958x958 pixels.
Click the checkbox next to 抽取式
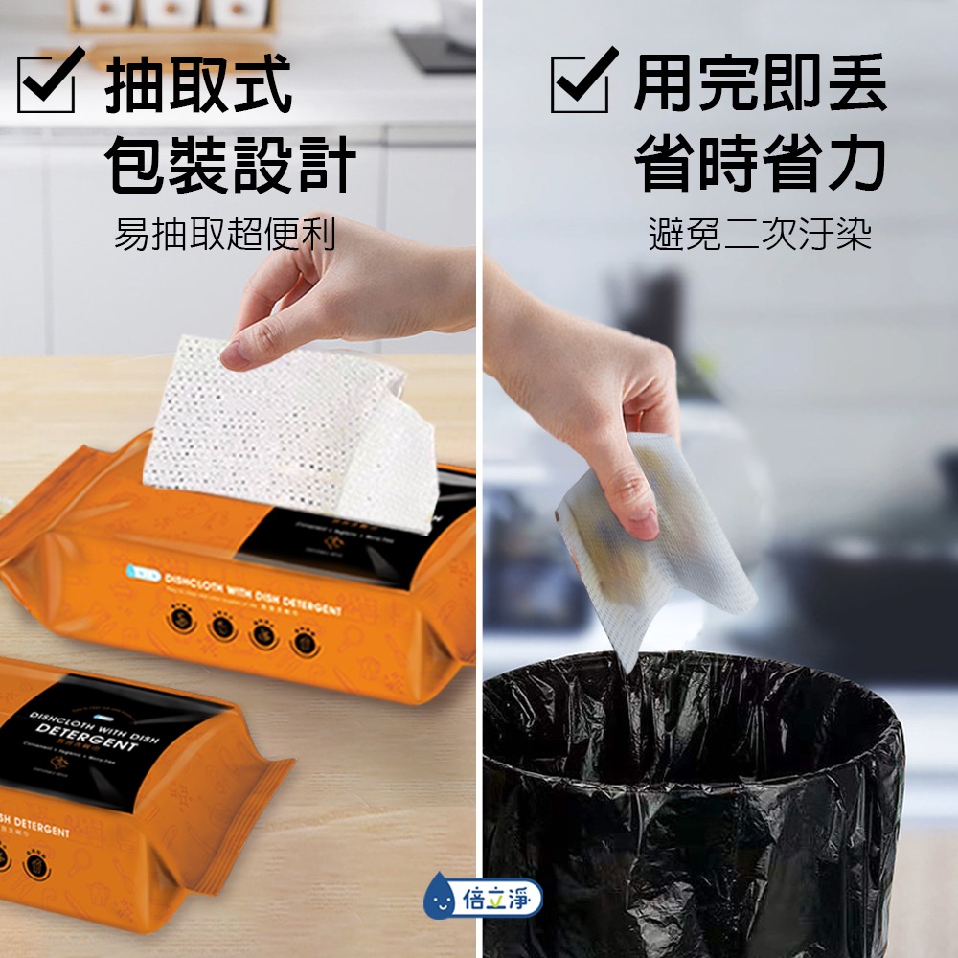(x=46, y=84)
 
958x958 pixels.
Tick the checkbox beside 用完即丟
(x=580, y=84)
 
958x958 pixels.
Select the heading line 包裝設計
(x=230, y=164)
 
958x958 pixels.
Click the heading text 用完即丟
(x=760, y=84)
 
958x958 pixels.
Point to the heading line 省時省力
(x=760, y=163)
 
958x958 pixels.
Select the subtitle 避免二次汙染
(x=760, y=233)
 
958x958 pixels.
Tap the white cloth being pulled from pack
(x=287, y=431)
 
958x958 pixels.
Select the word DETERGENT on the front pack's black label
(x=86, y=739)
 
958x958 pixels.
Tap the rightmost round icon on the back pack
(x=305, y=639)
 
